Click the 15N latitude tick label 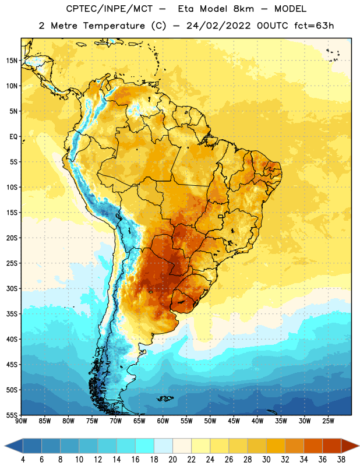[12, 61]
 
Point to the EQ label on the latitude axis [13, 137]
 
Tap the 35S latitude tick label [12, 314]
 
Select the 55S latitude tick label [12, 415]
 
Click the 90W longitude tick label [22, 421]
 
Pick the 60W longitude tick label [163, 421]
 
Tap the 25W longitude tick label [328, 421]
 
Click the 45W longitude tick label [234, 421]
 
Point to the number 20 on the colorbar [172, 460]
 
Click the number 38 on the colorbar [341, 460]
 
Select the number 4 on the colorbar [23, 460]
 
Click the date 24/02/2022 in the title [218, 26]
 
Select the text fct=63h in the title [314, 26]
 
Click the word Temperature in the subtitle [114, 26]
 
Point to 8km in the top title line [243, 9]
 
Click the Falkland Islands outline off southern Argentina [165, 398]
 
